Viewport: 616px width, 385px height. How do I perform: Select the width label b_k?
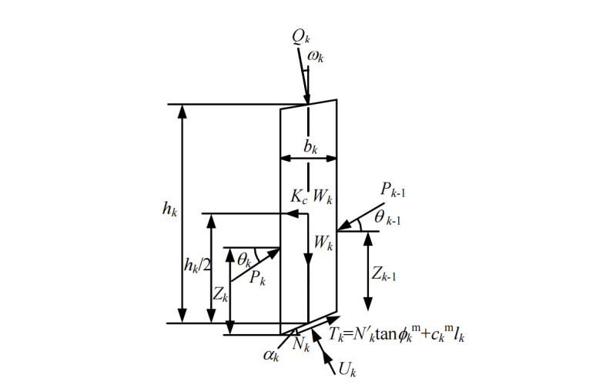tap(310, 146)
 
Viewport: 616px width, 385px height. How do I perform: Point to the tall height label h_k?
tap(169, 209)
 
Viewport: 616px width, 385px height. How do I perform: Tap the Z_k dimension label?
tap(221, 293)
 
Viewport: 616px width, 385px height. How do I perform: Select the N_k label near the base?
tap(300, 344)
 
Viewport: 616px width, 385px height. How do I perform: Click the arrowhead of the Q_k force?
tap(307, 101)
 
